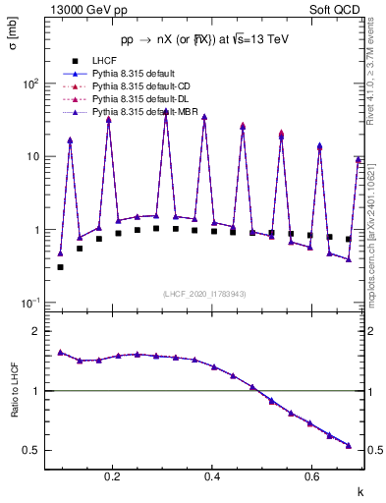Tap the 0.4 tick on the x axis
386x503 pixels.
point(212,476)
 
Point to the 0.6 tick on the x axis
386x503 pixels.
point(311,476)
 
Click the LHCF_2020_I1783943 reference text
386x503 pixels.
point(205,294)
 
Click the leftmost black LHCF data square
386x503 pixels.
point(61,266)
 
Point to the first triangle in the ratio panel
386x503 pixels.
point(61,352)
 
